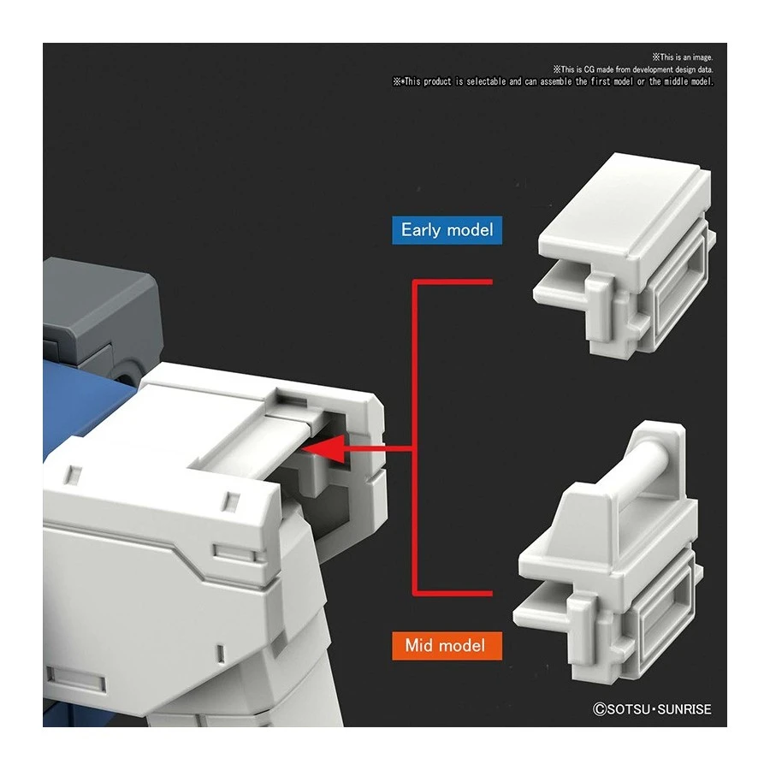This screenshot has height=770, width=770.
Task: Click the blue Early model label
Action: click(x=447, y=230)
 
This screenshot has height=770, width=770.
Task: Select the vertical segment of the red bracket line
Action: click(x=415, y=436)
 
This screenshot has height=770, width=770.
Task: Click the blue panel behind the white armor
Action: click(x=86, y=402)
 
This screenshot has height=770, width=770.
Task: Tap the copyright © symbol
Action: click(x=600, y=708)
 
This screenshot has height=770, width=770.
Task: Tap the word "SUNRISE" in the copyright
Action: click(x=683, y=708)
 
